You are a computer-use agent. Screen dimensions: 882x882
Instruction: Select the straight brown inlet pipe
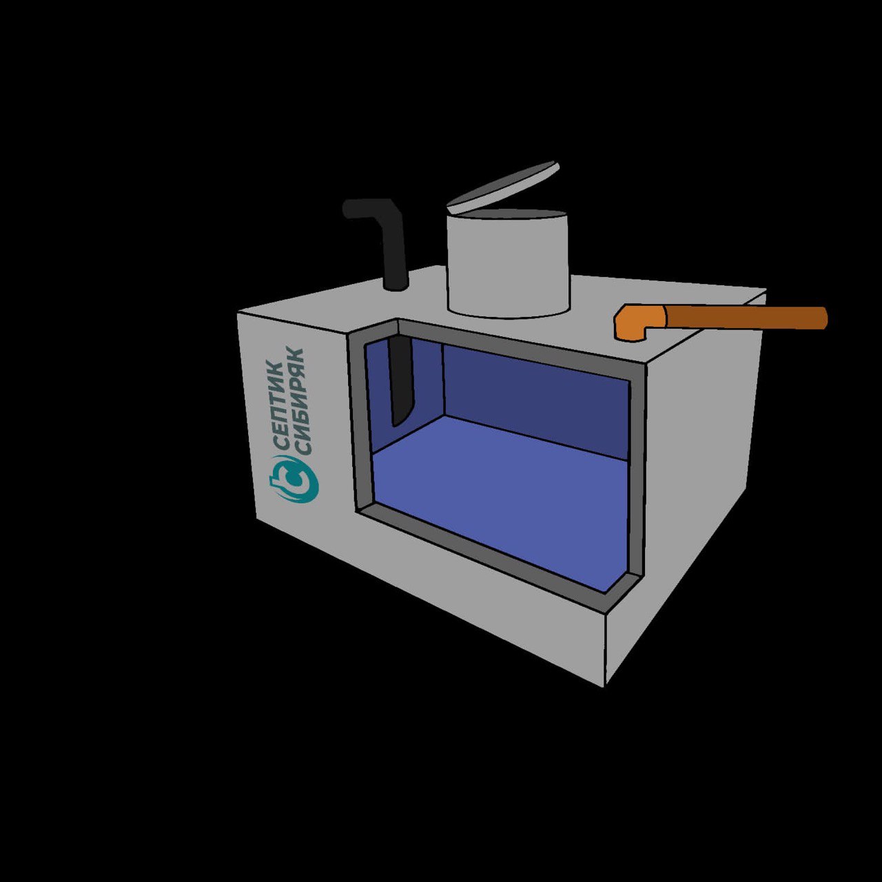click(744, 318)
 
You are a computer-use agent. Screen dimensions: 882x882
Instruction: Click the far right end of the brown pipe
click(823, 318)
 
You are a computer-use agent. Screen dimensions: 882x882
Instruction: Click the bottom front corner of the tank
click(604, 682)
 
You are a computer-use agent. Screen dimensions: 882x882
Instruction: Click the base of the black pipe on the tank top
click(396, 284)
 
